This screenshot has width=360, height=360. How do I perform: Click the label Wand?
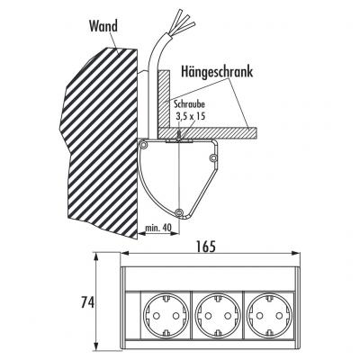(103, 26)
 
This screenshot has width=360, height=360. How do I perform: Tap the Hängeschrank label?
(217, 72)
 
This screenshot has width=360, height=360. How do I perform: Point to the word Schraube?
(190, 104)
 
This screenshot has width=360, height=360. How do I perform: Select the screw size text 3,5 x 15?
(191, 116)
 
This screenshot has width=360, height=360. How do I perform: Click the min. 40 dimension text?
(158, 228)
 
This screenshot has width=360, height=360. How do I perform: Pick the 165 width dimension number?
(206, 247)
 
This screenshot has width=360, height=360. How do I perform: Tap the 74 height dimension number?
(88, 302)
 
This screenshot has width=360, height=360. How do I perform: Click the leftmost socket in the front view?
(166, 315)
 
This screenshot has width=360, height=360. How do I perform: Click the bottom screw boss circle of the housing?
(179, 212)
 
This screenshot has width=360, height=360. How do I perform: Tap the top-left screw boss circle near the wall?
(144, 146)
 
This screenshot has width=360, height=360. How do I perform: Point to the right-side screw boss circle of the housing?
(212, 157)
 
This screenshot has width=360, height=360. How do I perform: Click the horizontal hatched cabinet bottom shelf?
(207, 133)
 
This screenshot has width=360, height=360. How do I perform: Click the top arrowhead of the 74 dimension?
(96, 256)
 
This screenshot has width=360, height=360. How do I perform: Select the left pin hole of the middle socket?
(207, 316)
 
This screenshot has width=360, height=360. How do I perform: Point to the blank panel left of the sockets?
(132, 316)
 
